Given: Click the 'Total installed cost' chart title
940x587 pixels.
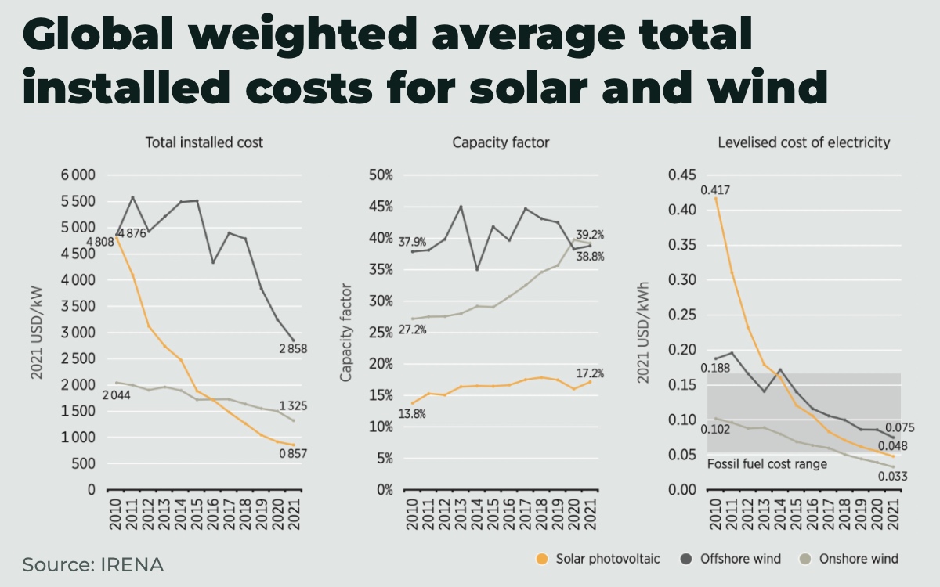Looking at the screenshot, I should click(204, 142).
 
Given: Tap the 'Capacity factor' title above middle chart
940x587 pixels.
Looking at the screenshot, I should click(501, 142).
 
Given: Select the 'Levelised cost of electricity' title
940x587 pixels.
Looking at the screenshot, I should click(804, 142).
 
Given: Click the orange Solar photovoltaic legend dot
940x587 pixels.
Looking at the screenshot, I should click(541, 559).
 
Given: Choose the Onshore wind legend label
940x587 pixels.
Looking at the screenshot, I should click(859, 559).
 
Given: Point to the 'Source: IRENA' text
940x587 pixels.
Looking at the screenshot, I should click(93, 564).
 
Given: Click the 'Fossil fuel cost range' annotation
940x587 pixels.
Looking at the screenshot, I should click(767, 464).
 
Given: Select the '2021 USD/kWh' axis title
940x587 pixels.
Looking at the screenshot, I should click(642, 332).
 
